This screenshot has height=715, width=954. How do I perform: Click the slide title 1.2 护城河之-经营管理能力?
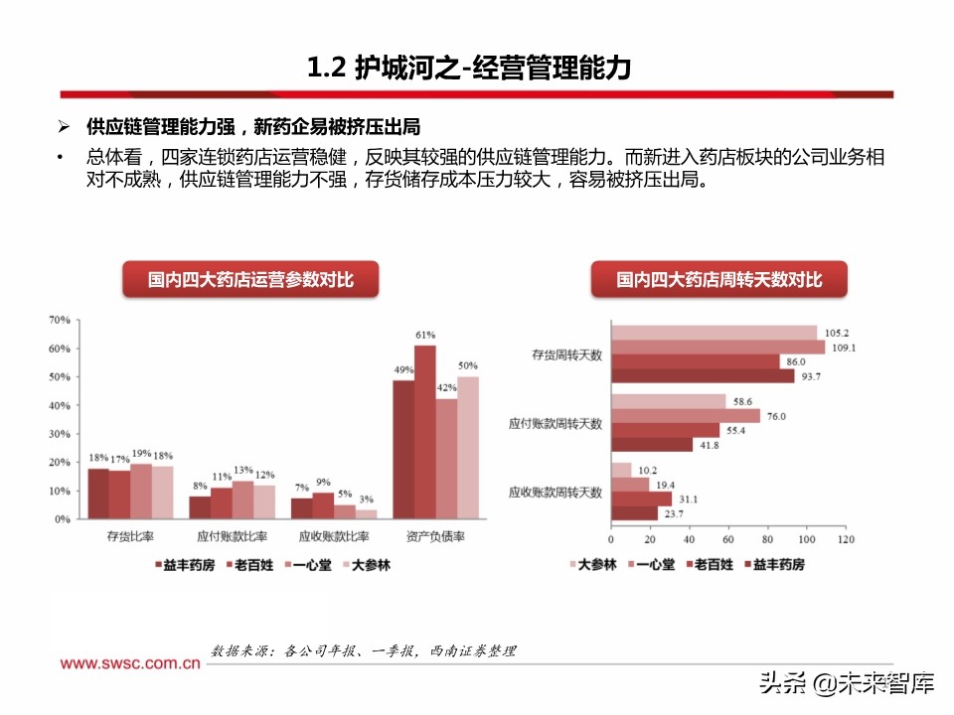click(x=468, y=69)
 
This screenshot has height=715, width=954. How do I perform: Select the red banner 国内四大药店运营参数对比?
click(x=250, y=281)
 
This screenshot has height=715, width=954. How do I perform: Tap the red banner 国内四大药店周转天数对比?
click(x=719, y=281)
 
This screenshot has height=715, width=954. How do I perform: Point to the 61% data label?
click(x=425, y=336)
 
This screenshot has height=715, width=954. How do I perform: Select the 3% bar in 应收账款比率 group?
click(x=366, y=513)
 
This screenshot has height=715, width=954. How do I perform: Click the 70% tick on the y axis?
click(x=59, y=320)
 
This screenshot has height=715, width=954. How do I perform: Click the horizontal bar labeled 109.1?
click(x=717, y=348)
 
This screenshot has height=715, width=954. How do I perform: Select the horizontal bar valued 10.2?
click(x=621, y=470)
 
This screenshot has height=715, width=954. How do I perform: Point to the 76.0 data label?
click(x=774, y=416)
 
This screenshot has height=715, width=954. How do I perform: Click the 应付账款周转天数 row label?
click(x=556, y=423)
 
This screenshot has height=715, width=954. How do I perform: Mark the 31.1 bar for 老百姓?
click(x=641, y=499)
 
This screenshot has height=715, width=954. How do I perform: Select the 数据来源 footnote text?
click(x=364, y=651)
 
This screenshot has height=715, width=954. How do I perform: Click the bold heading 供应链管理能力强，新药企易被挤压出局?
click(x=253, y=127)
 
